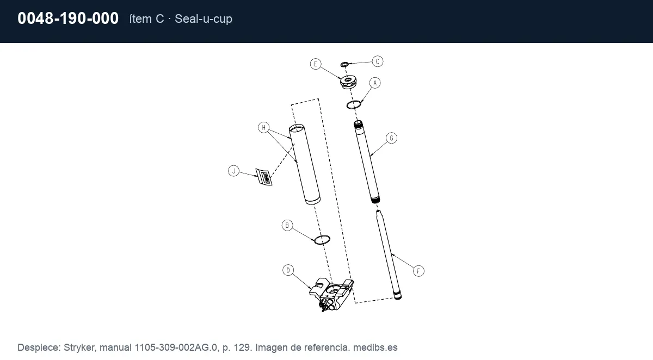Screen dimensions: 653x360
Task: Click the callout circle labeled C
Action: pos(378,61)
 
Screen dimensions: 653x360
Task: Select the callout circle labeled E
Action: pos(316,64)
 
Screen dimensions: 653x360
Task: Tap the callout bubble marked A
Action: pos(375,83)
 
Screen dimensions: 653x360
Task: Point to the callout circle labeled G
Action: pos(391,138)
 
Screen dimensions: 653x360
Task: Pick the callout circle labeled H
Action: pos(263,128)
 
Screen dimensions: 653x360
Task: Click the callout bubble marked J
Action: pos(233,171)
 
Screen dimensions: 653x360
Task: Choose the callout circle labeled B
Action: pos(287,226)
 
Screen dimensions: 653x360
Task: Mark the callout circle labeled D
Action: pos(288,270)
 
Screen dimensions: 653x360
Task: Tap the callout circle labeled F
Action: pos(418,271)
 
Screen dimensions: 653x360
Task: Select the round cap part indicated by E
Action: pos(348,82)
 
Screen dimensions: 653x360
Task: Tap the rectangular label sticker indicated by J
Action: pos(264,177)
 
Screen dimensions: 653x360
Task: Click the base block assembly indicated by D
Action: pos(331,294)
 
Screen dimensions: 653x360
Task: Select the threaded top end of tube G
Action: pos(358,125)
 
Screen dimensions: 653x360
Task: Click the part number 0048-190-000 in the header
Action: pos(68,18)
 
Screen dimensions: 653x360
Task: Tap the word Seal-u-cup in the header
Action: pos(204,18)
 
